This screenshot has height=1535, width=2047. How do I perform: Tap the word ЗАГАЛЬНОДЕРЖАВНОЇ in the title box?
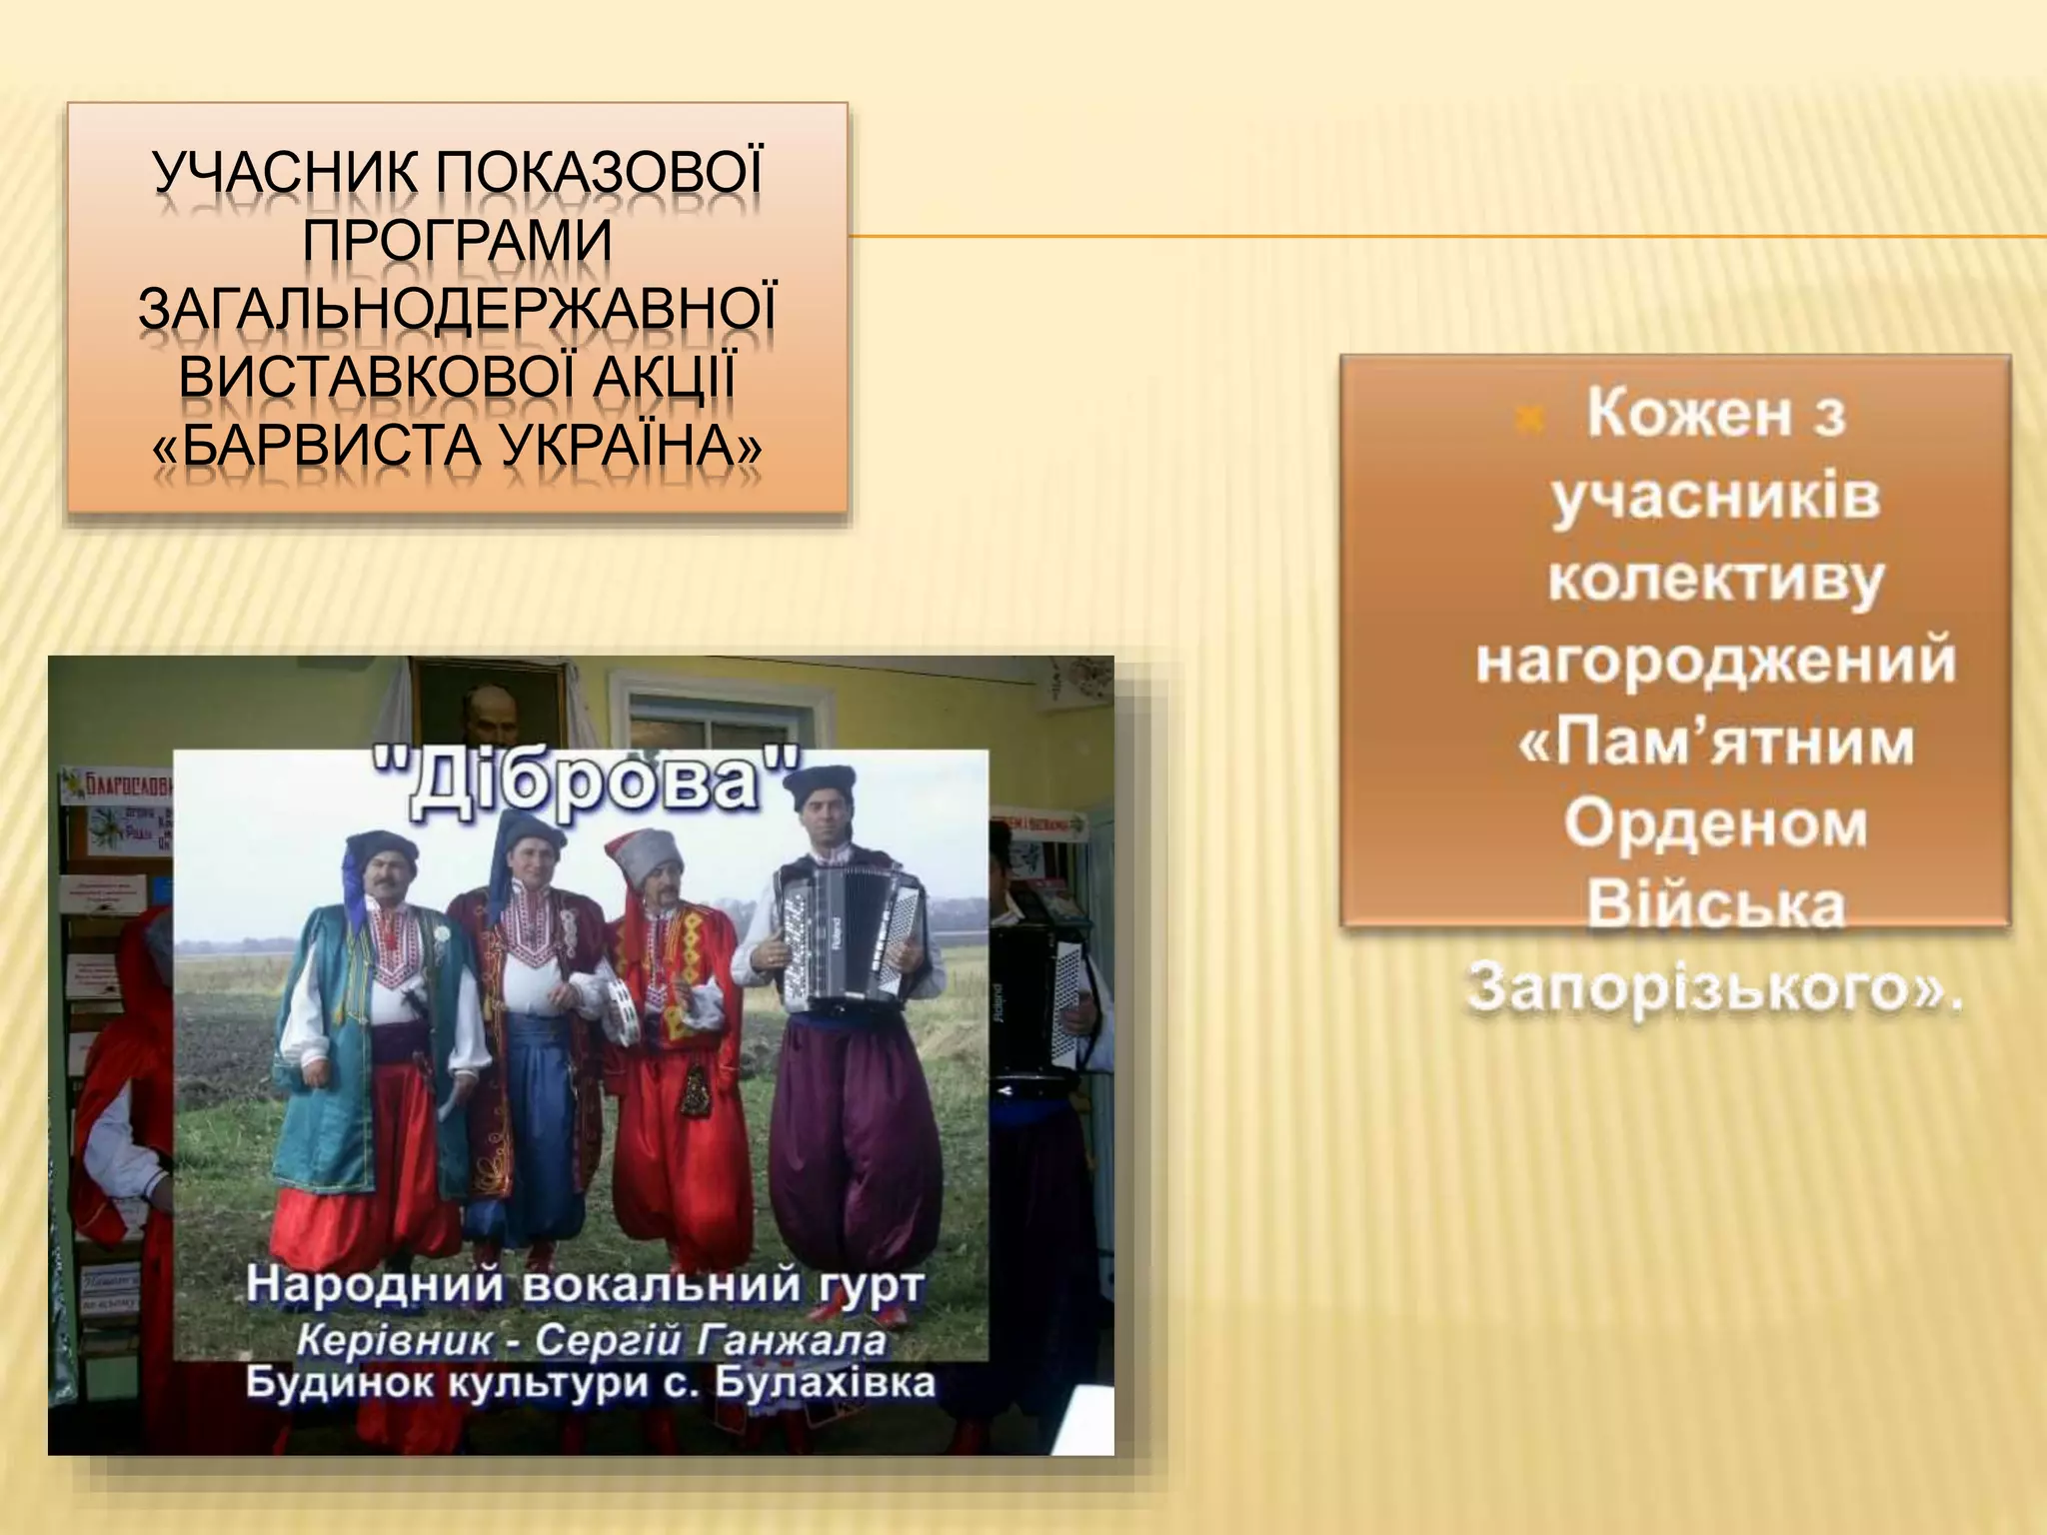(457, 311)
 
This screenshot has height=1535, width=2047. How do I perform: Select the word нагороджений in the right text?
(1715, 662)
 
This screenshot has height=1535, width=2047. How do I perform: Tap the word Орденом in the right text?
(1715, 824)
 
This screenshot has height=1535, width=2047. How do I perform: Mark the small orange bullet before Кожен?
(1527, 421)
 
